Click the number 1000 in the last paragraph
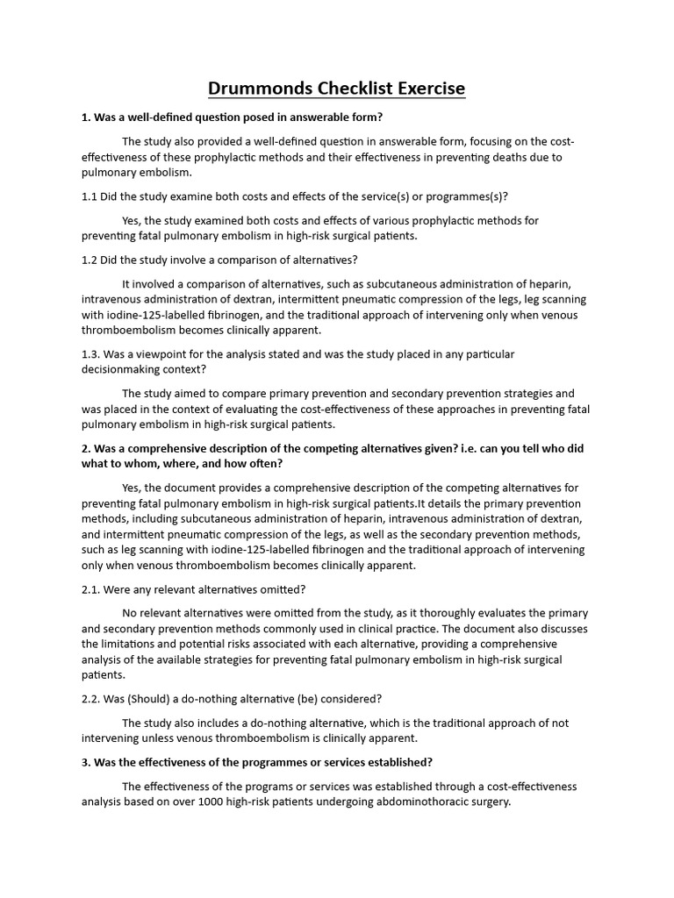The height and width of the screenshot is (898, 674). point(242,802)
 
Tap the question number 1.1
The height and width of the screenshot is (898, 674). point(90,196)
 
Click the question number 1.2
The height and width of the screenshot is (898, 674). point(90,260)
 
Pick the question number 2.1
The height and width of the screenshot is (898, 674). point(90,588)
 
